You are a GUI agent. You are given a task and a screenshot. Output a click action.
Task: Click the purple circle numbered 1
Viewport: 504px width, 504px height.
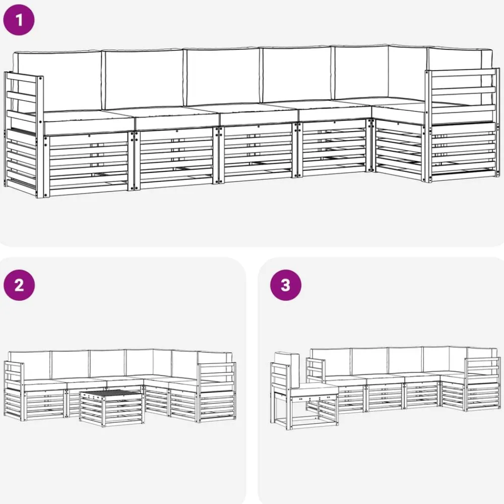[x=19, y=20]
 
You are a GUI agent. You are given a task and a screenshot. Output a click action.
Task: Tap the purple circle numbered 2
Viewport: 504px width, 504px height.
[x=19, y=285]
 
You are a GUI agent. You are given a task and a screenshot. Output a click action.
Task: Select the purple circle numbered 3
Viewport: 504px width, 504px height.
[x=286, y=285]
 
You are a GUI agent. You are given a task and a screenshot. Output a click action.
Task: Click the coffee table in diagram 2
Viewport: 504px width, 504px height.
[x=111, y=408]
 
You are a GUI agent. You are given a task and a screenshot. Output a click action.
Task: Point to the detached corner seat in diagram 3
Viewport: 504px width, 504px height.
[x=304, y=392]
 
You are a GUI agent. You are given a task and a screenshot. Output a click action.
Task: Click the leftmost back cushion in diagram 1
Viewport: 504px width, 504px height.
[x=57, y=80]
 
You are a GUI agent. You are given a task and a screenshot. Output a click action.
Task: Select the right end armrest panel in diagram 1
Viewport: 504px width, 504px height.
[x=462, y=125]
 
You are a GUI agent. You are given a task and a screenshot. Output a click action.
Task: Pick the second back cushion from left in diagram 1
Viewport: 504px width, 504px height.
[x=143, y=79]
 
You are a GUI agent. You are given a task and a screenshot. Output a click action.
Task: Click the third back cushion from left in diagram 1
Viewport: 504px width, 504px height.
[x=223, y=77]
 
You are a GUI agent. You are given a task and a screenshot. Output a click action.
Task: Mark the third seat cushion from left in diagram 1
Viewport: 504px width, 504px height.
[x=258, y=114]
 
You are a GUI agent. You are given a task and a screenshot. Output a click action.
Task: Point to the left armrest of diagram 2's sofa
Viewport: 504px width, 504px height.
[x=14, y=391]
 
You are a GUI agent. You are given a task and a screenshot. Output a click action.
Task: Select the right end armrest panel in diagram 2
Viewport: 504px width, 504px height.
[x=217, y=392]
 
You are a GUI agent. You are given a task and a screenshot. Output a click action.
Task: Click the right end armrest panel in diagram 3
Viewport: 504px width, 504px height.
[x=482, y=384]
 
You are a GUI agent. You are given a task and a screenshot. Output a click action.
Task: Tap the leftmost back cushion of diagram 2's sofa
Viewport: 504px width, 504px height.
[x=30, y=365]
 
